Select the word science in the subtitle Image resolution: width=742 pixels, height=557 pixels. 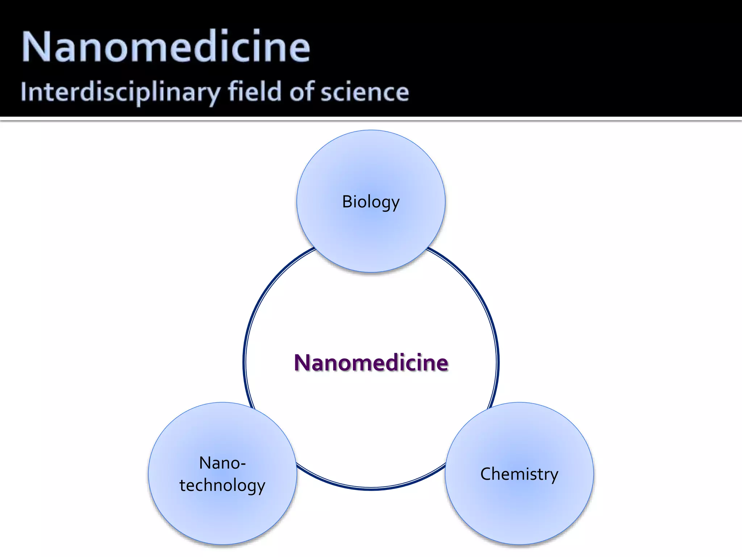(364, 92)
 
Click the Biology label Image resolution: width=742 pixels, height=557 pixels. (371, 202)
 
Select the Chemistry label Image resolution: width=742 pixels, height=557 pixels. (519, 474)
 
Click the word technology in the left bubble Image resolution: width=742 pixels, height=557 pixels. (222, 486)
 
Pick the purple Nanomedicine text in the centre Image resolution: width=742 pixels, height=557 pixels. (371, 363)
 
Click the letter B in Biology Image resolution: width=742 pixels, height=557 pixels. (347, 202)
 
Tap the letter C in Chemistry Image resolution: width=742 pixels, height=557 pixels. (485, 474)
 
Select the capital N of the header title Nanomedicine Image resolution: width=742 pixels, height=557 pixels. (35, 46)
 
